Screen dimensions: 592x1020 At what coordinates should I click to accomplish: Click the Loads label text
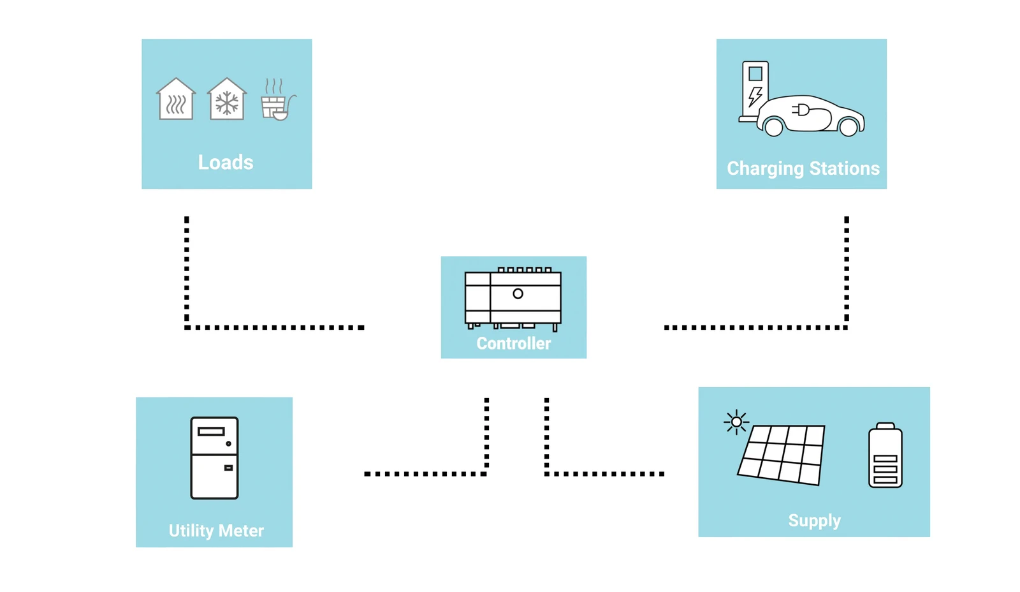click(226, 163)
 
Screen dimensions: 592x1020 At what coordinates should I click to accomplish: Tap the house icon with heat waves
click(176, 100)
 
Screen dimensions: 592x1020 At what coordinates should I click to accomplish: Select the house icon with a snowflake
click(226, 100)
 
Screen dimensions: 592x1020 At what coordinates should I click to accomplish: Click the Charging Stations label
click(803, 168)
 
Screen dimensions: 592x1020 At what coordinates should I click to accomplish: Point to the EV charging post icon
click(755, 89)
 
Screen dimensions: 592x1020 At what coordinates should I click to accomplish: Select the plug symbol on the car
click(801, 110)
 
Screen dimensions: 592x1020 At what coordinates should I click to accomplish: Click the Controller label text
click(513, 343)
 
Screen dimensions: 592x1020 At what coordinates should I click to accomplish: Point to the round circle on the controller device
click(518, 293)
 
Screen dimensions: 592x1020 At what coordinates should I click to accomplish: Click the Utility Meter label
click(216, 531)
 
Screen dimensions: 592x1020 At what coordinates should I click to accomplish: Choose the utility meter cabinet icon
click(214, 457)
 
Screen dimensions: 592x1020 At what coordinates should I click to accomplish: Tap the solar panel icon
click(782, 454)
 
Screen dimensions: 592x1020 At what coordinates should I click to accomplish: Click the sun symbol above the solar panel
click(736, 422)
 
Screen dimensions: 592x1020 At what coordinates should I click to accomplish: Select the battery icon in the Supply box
click(885, 455)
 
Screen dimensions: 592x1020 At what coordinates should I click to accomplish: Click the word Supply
click(814, 521)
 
